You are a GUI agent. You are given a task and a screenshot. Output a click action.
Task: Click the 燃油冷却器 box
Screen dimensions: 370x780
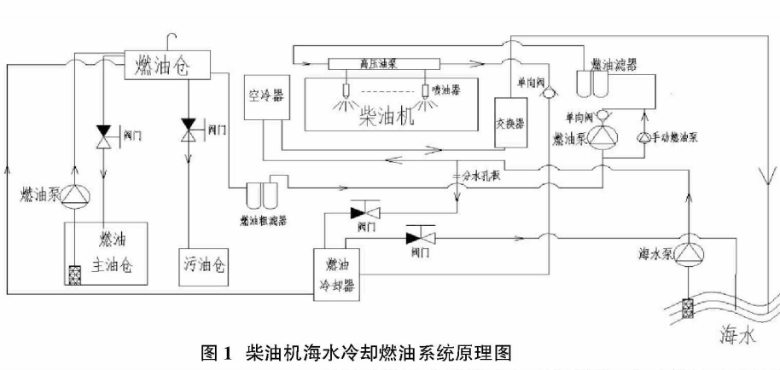[x=335, y=271]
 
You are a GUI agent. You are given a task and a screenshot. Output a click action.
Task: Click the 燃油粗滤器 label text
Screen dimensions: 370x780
[x=262, y=218]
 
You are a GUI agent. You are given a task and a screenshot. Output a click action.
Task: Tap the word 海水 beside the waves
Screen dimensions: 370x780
[x=736, y=336]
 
